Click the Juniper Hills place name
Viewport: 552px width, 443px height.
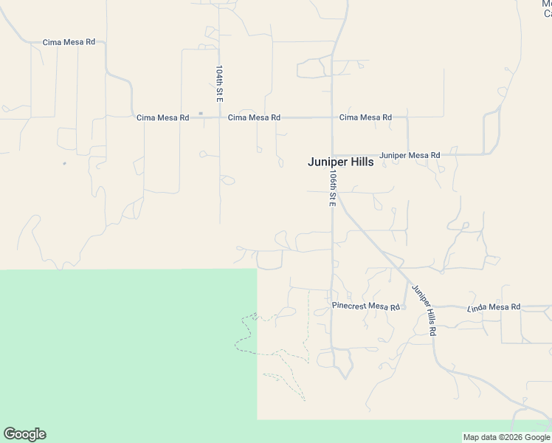click(x=340, y=163)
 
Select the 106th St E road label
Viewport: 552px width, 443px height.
click(x=333, y=188)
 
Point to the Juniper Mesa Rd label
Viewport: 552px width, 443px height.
click(x=410, y=156)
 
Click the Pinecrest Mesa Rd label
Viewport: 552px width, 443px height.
click(x=365, y=306)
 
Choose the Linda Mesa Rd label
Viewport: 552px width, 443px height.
click(x=494, y=306)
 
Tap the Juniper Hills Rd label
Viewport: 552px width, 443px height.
click(x=424, y=310)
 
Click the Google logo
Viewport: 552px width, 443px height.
click(x=24, y=434)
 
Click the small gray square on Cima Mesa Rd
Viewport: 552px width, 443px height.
click(x=200, y=114)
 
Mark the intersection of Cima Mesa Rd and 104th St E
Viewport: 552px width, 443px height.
click(x=219, y=117)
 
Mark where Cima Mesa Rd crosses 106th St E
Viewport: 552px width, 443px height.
click(x=332, y=117)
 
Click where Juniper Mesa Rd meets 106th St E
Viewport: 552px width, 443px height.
click(x=332, y=155)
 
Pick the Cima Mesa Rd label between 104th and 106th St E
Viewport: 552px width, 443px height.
click(x=254, y=117)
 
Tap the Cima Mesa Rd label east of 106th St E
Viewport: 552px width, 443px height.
click(x=365, y=117)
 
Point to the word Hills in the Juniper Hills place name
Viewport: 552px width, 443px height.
click(x=358, y=163)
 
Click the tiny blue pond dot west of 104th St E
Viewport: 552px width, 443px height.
click(x=64, y=163)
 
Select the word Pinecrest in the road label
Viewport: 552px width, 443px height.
click(x=349, y=306)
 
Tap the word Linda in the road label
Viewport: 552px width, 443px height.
click(x=479, y=306)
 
